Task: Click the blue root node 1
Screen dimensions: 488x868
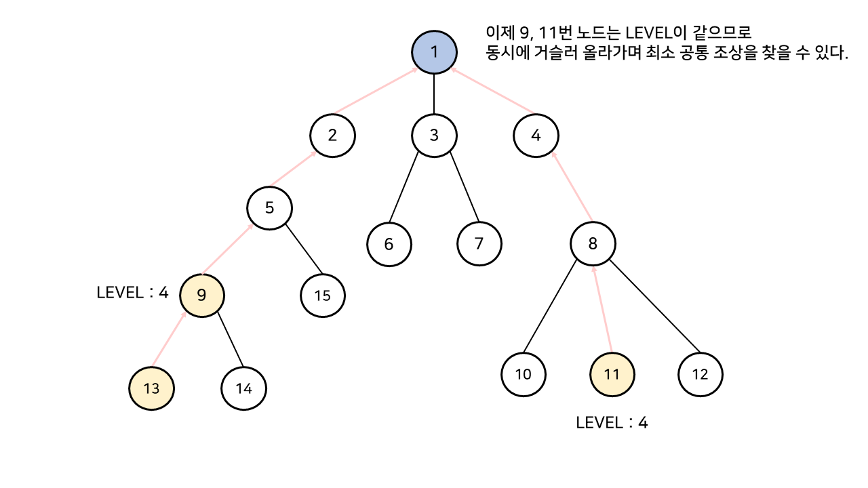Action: [x=435, y=51]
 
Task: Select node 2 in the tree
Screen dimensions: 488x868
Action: [x=332, y=135]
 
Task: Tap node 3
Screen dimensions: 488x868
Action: [x=434, y=135]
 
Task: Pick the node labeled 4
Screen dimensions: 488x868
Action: [x=536, y=135]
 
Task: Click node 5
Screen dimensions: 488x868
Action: [x=269, y=207]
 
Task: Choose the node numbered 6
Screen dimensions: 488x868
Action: [x=389, y=244]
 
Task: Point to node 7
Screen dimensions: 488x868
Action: [x=479, y=244]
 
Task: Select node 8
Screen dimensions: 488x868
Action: [x=593, y=244]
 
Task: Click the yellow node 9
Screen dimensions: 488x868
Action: [x=201, y=295]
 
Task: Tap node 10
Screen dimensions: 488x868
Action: [x=524, y=374]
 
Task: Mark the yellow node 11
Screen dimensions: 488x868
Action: [x=612, y=374]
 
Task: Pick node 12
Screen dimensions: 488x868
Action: [x=701, y=374]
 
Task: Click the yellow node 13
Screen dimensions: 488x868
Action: [x=151, y=388]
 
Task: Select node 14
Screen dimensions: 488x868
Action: [x=243, y=388]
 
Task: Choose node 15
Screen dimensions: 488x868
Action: [x=323, y=296]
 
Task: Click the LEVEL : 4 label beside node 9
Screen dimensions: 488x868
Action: [x=132, y=293]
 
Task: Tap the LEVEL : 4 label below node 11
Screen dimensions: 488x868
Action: [x=612, y=423]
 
